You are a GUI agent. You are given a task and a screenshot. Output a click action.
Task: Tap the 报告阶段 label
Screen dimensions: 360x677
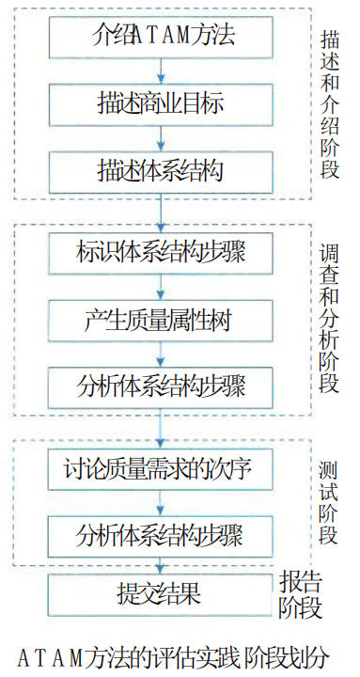[300, 594]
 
